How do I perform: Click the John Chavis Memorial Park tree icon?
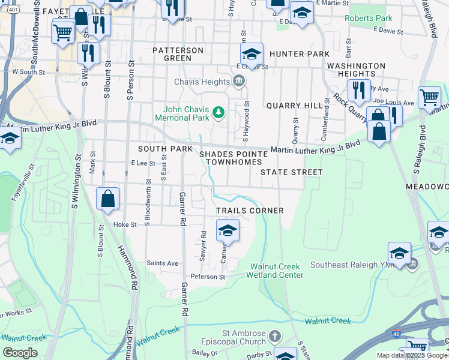pos(219,112)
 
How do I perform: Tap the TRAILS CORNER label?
pos(250,211)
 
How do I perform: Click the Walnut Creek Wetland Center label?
pos(277,271)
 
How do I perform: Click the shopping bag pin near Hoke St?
pos(107,199)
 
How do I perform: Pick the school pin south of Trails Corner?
pos(228,230)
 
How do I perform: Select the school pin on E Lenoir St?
pos(252,53)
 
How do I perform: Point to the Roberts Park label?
pos(367,18)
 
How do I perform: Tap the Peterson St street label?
pos(208,277)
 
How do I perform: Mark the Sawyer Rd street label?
pos(203,246)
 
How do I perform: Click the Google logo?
pos(20,353)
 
